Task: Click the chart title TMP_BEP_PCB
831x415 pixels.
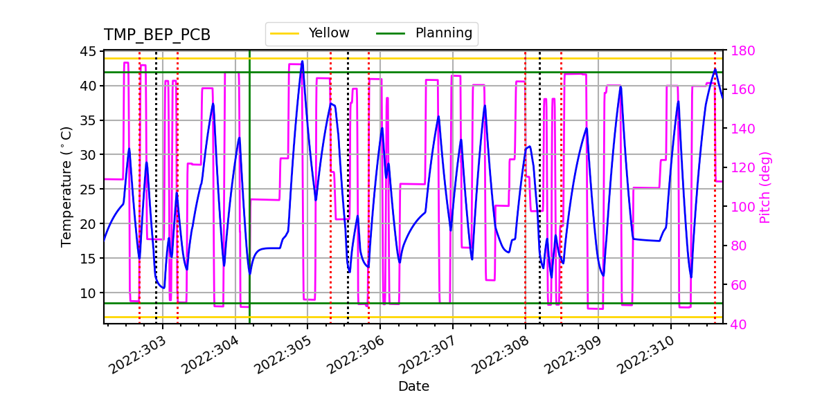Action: point(157,35)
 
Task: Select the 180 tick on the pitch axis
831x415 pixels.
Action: point(739,51)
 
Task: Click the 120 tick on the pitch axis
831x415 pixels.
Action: point(739,168)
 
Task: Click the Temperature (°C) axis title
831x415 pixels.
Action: point(66,187)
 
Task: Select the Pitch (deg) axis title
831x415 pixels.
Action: point(765,187)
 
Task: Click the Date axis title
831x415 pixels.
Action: point(413,387)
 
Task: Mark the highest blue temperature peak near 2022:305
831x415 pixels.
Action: point(302,62)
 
